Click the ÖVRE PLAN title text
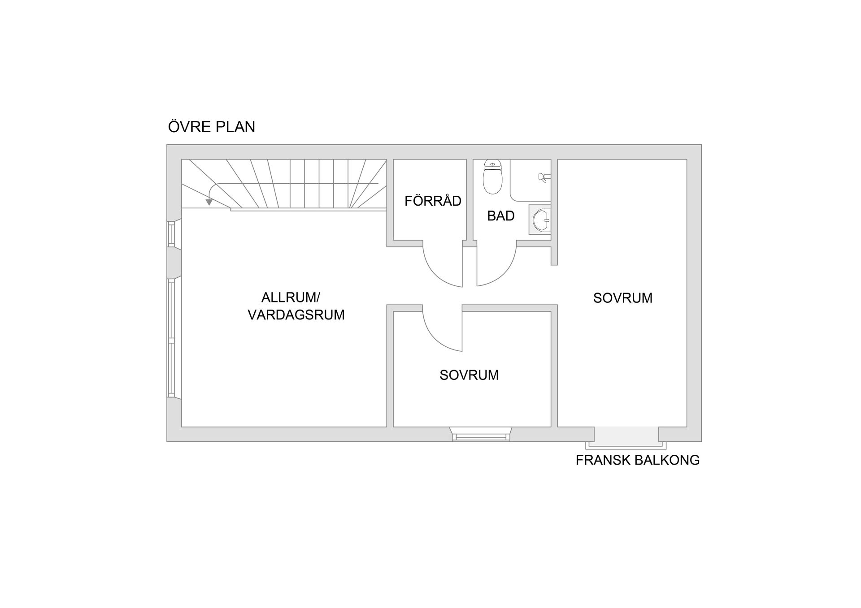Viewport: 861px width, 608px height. [x=211, y=127]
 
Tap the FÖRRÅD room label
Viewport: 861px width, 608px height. [x=433, y=201]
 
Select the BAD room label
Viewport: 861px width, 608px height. [x=500, y=216]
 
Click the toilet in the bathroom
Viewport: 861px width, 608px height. [x=492, y=178]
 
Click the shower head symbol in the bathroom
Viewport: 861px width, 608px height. [x=543, y=177]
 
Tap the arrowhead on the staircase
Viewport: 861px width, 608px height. [x=209, y=203]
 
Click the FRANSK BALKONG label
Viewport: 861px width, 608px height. [x=637, y=460]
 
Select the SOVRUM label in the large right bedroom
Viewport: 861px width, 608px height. [x=622, y=298]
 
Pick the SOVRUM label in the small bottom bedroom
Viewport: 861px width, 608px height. [x=469, y=375]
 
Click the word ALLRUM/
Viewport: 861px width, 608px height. [x=291, y=298]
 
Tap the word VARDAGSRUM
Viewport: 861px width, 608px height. [x=296, y=315]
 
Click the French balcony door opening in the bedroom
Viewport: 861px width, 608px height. [x=626, y=436]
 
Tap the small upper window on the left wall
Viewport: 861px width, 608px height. [x=171, y=233]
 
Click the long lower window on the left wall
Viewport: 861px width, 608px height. [x=171, y=338]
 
